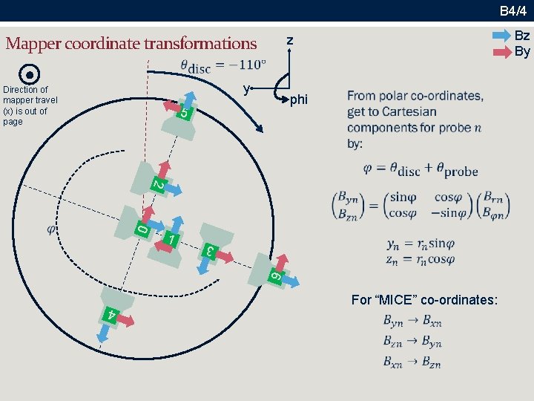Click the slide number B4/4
[512, 10]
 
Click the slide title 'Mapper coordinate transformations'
[131, 43]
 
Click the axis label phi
[299, 99]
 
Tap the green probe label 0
[142, 230]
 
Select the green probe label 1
[171, 240]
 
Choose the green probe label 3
[210, 251]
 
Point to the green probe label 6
[274, 276]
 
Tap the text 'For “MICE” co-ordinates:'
[424, 300]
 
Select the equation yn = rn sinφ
[421, 244]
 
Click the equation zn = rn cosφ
[421, 259]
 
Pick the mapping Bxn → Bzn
[412, 363]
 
